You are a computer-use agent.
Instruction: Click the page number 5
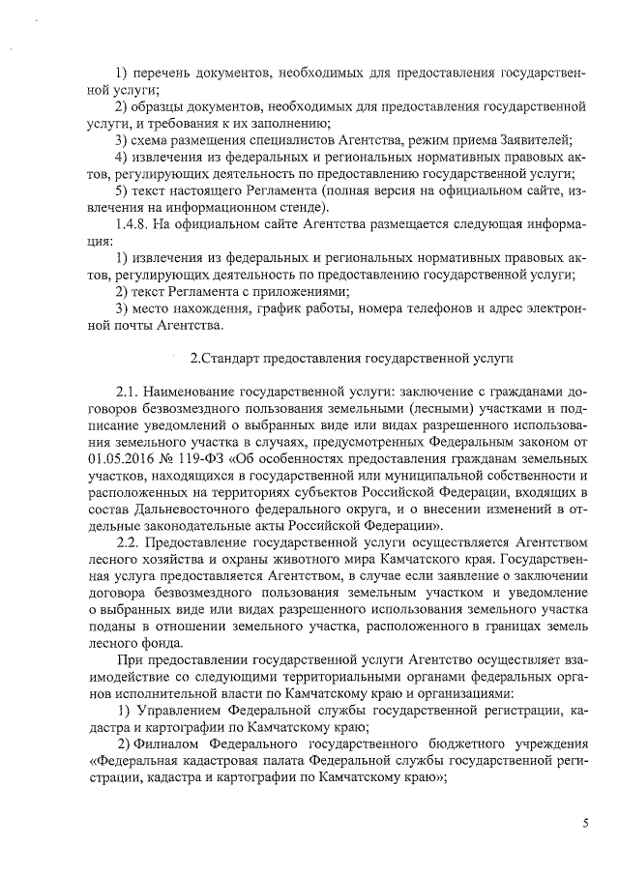(x=585, y=823)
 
